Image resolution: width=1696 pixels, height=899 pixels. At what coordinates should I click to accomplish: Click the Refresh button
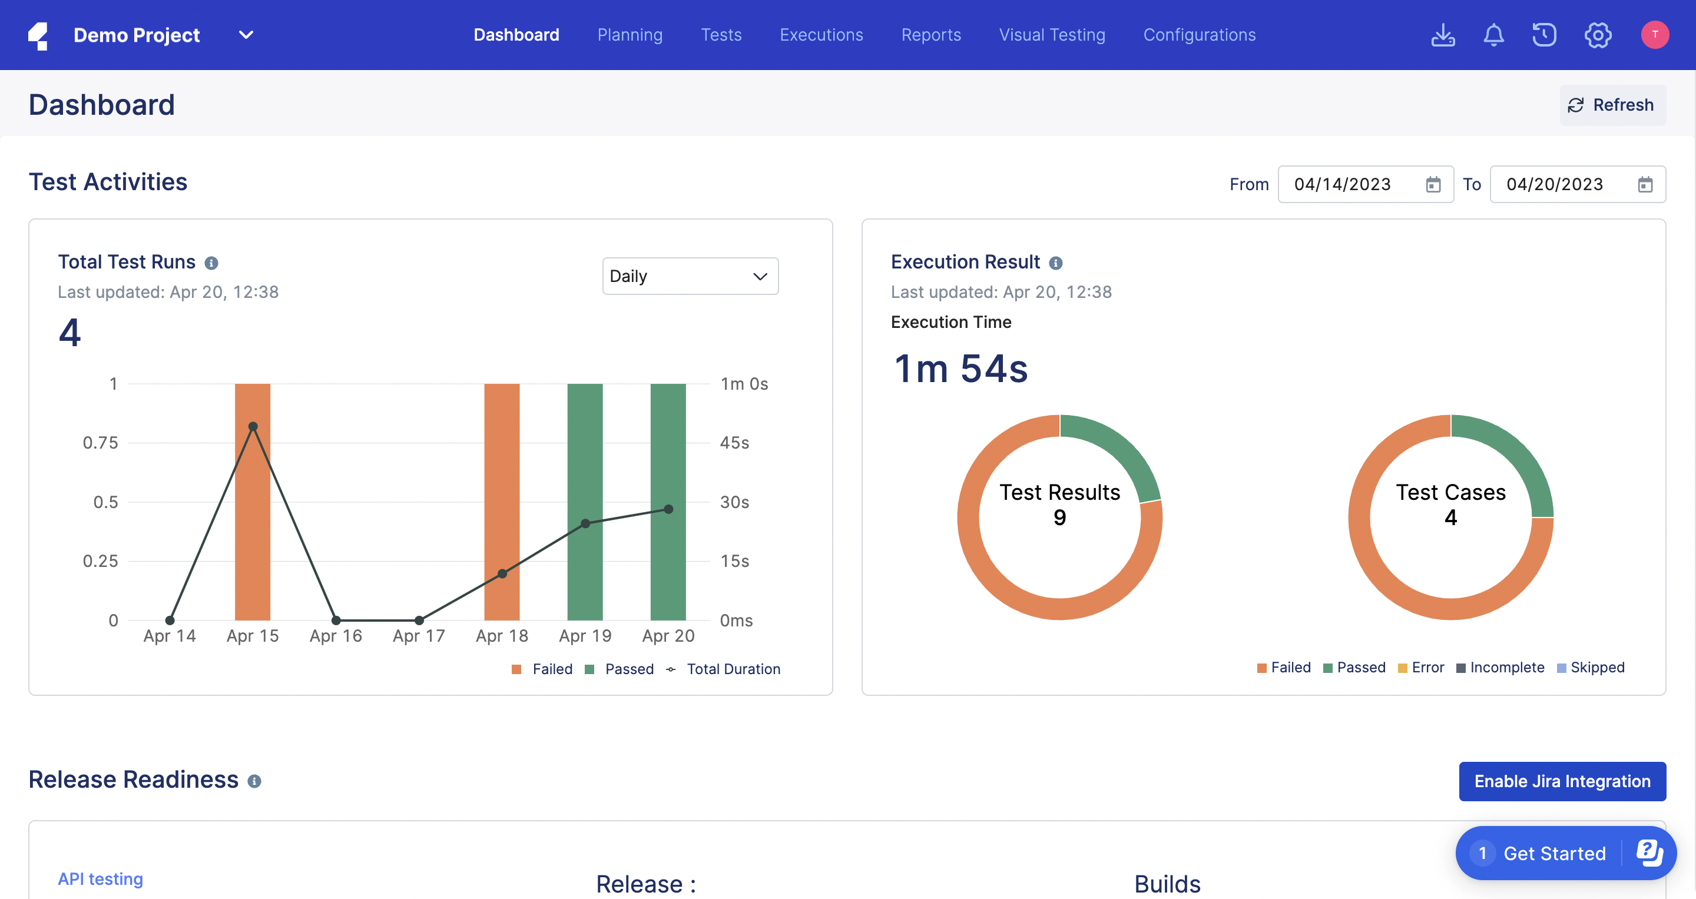pos(1612,105)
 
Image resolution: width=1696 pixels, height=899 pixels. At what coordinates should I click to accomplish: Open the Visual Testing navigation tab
pos(1051,35)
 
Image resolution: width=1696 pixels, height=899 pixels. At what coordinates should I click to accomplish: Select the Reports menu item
pos(930,35)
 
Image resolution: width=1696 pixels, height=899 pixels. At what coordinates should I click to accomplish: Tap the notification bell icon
pos(1493,35)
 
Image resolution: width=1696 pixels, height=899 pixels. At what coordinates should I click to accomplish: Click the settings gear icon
pos(1597,35)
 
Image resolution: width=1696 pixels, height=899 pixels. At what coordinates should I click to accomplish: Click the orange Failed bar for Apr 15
pos(252,526)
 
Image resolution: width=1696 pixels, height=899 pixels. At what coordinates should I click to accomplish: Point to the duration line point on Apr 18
pos(502,574)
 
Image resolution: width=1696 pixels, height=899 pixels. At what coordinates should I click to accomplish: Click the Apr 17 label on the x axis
pos(419,636)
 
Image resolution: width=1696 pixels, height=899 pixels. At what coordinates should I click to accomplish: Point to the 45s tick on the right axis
pos(734,443)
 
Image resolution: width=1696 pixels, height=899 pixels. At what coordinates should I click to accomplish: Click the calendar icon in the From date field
pos(1433,185)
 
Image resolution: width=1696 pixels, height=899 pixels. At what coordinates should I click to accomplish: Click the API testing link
pos(100,878)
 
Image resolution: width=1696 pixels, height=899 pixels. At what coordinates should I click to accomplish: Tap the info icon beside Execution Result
pos(1055,263)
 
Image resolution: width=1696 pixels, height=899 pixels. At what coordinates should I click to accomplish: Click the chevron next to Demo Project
pos(246,35)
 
